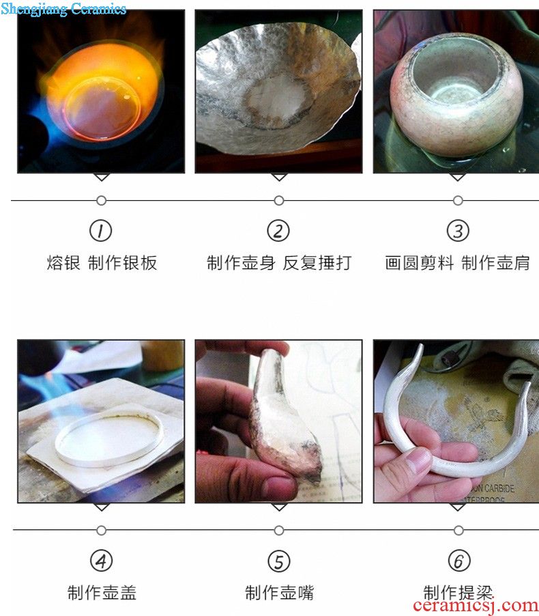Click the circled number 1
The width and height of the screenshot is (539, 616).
pos(101,231)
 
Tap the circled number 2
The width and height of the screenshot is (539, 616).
pos(278,231)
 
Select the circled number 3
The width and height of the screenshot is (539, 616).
pos(458,231)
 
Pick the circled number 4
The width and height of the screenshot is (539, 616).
pos(101,561)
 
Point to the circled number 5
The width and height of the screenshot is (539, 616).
pos(279,561)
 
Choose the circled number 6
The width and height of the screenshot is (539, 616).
pos(458,561)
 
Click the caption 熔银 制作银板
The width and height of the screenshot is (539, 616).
pos(102,263)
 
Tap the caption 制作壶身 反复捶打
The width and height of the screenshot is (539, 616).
pos(279,263)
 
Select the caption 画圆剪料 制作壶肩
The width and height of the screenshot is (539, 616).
pos(457,263)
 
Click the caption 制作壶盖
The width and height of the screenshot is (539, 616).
pos(102,592)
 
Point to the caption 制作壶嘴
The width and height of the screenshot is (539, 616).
pos(280,592)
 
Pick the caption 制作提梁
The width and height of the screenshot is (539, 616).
pos(458,592)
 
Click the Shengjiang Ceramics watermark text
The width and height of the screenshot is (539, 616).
pos(63,9)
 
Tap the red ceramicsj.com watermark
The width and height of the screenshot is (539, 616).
pos(476,606)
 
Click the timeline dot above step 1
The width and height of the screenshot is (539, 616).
pos(101,201)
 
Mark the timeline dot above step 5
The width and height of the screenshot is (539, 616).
pos(279,531)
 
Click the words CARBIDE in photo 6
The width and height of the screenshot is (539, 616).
pos(499,488)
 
